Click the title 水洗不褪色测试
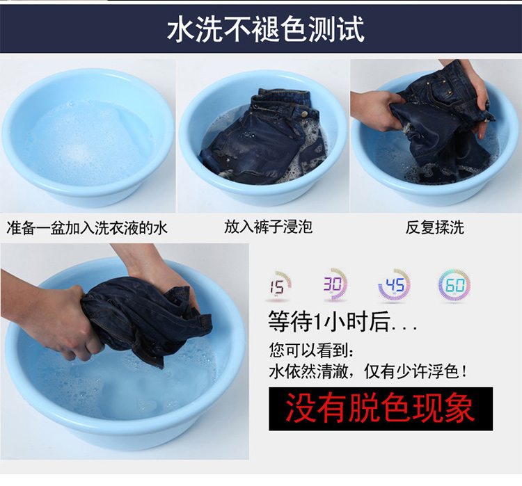pyautogui.click(x=265, y=29)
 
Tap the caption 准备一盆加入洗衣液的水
pyautogui.click(x=87, y=228)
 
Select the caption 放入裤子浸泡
pyautogui.click(x=269, y=227)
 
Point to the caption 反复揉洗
pyautogui.click(x=434, y=227)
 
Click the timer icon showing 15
pyautogui.click(x=278, y=286)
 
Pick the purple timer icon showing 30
pyautogui.click(x=333, y=285)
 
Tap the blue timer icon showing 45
pyautogui.click(x=394, y=286)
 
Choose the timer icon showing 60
pyautogui.click(x=454, y=286)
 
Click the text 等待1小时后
pyautogui.click(x=329, y=322)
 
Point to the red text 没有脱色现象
pyautogui.click(x=381, y=408)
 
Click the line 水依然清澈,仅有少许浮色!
pyautogui.click(x=367, y=371)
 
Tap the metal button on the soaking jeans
pyautogui.click(x=303, y=114)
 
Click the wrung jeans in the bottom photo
pyautogui.click(x=147, y=320)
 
